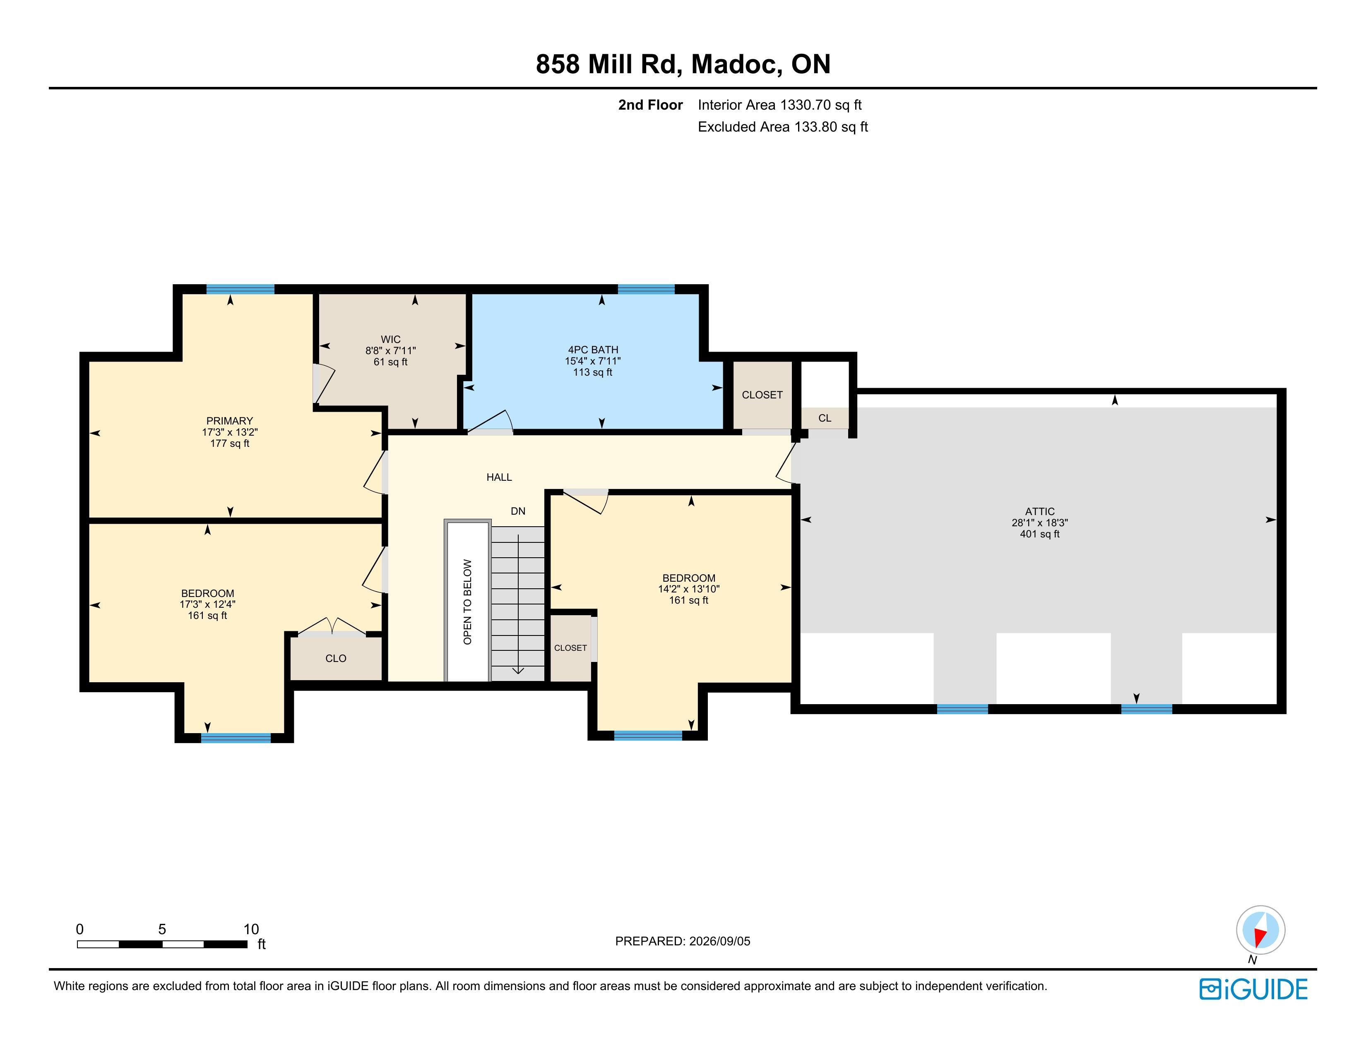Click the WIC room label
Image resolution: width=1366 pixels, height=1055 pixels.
point(390,339)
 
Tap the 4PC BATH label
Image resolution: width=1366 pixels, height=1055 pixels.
point(593,350)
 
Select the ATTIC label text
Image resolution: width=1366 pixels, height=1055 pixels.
point(1039,511)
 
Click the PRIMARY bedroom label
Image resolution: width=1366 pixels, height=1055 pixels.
point(230,421)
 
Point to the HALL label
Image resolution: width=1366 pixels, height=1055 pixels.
point(499,477)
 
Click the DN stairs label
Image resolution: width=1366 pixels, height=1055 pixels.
point(518,511)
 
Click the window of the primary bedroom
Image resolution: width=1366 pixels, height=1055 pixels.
point(240,289)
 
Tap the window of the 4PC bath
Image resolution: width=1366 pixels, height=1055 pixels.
point(646,289)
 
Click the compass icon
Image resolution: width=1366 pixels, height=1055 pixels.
point(1260,930)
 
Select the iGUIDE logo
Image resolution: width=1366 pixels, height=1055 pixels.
point(1253,989)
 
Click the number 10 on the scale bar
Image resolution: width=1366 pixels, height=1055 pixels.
point(251,929)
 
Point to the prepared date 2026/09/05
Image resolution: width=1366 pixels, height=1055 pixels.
point(719,941)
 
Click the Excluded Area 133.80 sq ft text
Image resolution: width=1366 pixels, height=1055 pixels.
point(782,127)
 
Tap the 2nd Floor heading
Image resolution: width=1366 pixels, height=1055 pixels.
point(650,105)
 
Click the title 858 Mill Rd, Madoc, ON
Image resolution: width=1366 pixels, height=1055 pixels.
point(683,64)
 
